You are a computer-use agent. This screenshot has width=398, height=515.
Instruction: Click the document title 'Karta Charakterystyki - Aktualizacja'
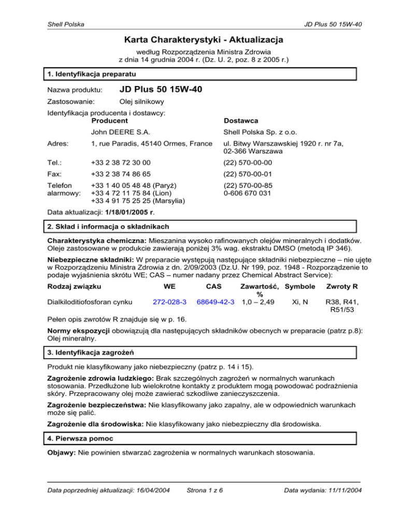click(x=198, y=39)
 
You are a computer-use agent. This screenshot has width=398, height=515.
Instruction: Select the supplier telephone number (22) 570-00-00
click(x=246, y=162)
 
